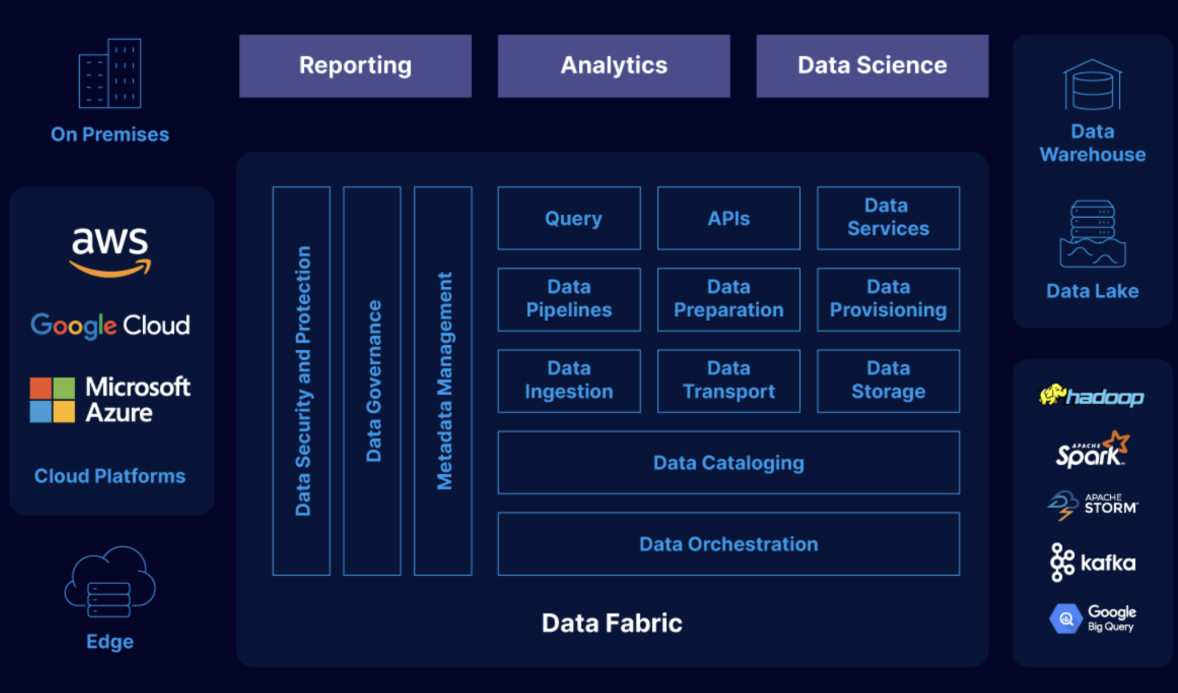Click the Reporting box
[x=355, y=66]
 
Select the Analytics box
[x=614, y=66]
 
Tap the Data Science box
[x=872, y=66]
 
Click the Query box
[x=569, y=218]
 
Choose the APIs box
[x=728, y=218]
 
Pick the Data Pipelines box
[x=569, y=299]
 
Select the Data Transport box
[x=728, y=380]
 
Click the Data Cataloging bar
[x=728, y=462]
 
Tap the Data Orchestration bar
[x=728, y=544]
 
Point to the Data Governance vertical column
[x=372, y=380]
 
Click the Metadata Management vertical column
[x=443, y=380]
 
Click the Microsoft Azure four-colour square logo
[x=52, y=400]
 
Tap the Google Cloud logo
[x=110, y=325]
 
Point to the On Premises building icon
[x=110, y=74]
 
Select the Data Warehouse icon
[x=1092, y=85]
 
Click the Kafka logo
[x=1092, y=562]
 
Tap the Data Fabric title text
[x=611, y=623]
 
